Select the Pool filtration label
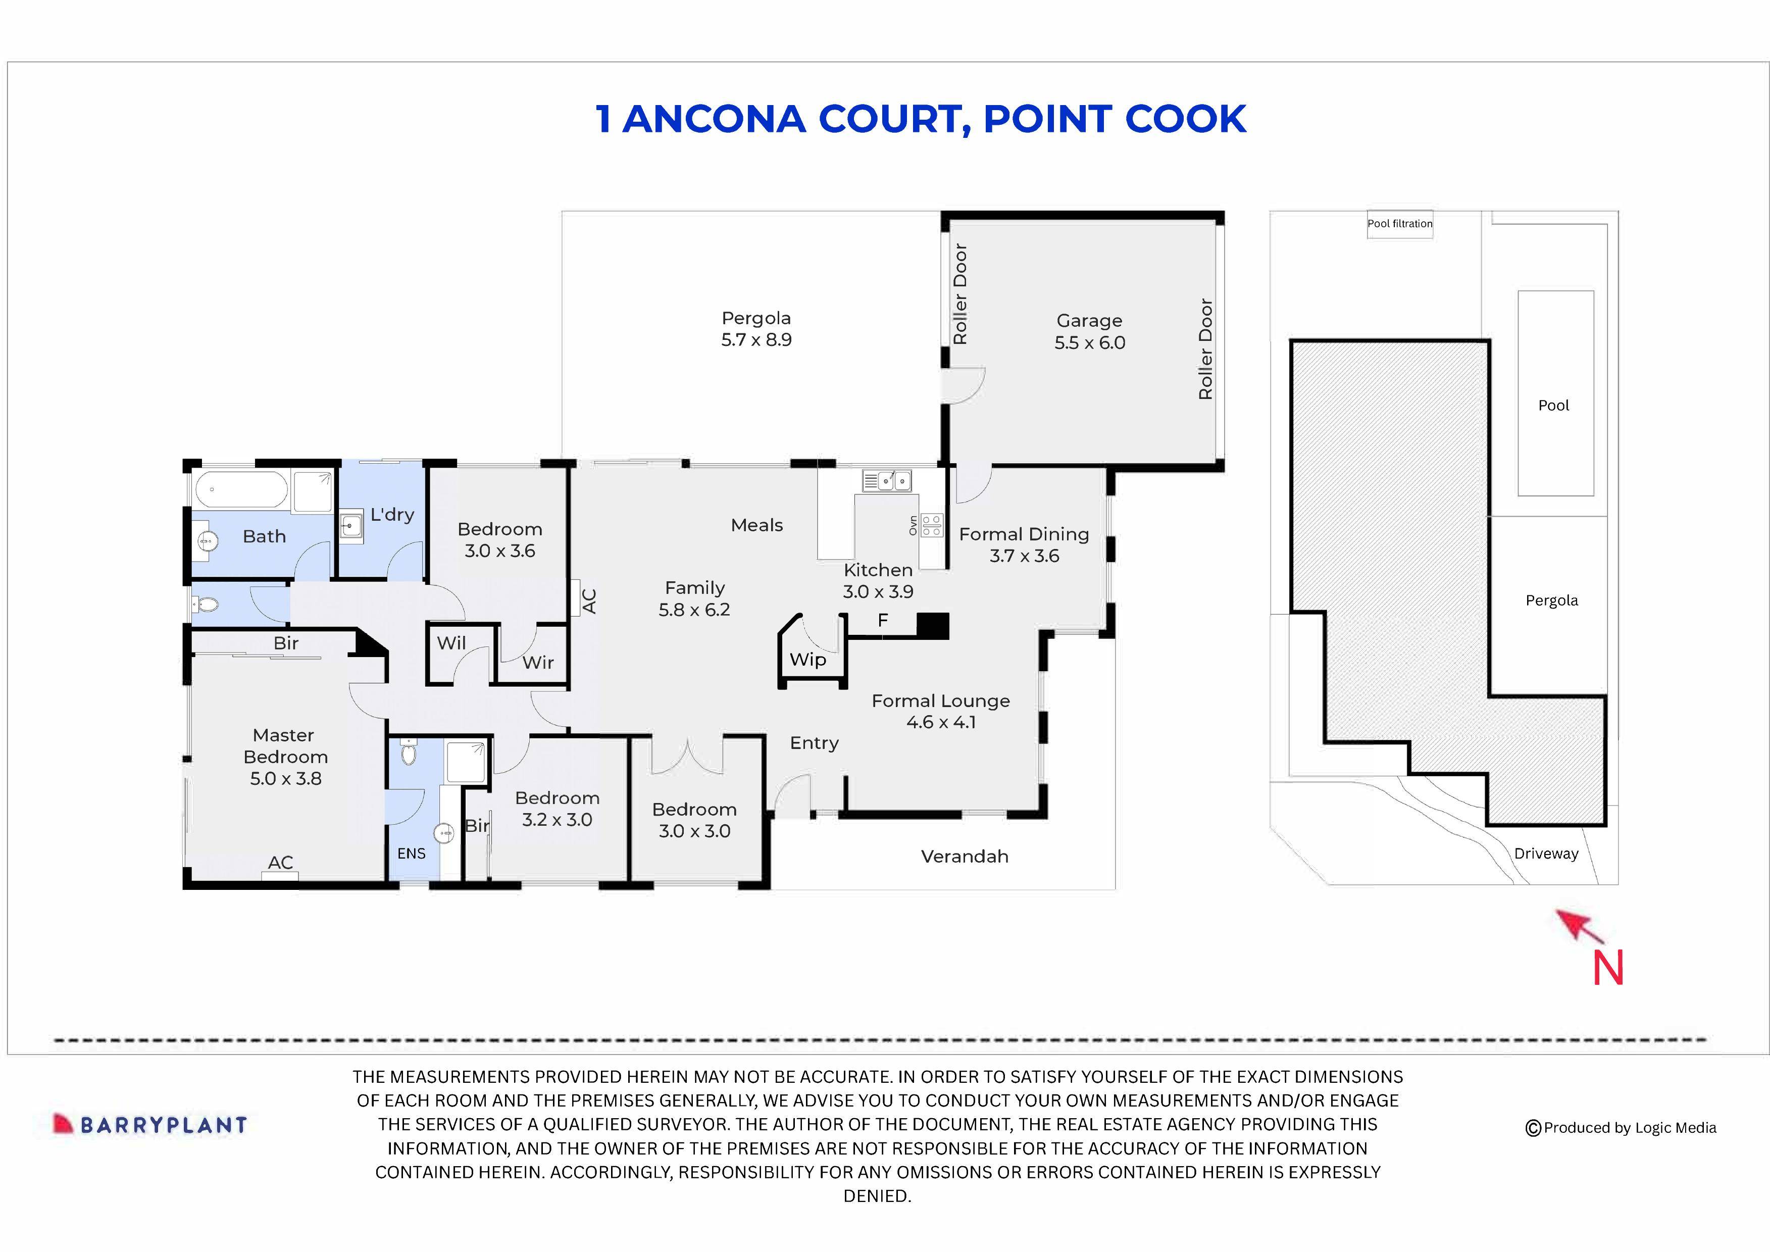click(x=1399, y=224)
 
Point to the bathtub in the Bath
click(x=240, y=489)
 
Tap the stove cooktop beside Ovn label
click(x=931, y=525)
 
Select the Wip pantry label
click(x=807, y=660)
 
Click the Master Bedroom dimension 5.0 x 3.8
click(x=285, y=779)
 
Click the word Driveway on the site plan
click(x=1546, y=854)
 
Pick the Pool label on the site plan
click(x=1553, y=406)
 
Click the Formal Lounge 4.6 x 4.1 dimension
click(x=940, y=722)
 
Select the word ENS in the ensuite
click(x=411, y=854)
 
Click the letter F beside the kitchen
click(x=883, y=620)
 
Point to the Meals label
click(x=756, y=525)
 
